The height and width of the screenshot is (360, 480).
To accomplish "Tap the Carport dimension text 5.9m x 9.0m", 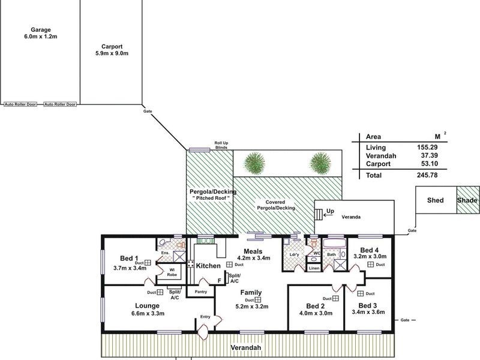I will tap(112, 53).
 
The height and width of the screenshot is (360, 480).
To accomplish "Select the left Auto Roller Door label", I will tap(21, 104).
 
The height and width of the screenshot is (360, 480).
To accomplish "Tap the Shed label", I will tap(435, 200).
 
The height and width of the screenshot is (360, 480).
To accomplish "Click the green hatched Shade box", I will tap(467, 200).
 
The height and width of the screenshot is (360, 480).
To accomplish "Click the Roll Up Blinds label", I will tap(222, 146).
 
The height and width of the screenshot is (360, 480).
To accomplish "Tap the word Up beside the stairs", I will tap(330, 212).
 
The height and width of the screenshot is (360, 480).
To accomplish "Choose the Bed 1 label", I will tap(128, 259).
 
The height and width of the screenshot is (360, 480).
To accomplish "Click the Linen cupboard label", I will tap(314, 268).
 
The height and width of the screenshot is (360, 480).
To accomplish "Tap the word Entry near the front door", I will tap(205, 317).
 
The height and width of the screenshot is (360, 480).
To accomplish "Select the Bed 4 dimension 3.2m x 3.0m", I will tap(370, 256).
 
